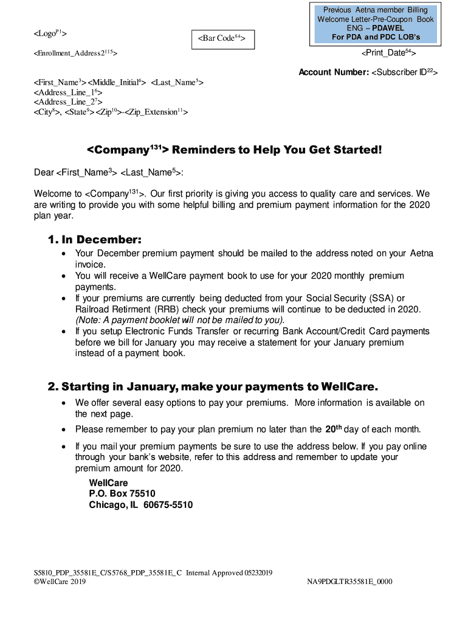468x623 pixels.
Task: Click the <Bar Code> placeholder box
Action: click(222, 38)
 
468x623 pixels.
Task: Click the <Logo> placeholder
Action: click(50, 32)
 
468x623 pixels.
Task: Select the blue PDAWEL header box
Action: click(376, 24)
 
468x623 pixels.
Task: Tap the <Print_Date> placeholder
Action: click(388, 54)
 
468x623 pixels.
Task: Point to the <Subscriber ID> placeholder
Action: click(405, 72)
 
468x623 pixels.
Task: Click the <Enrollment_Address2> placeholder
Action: click(75, 54)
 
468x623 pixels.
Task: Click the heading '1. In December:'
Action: click(95, 240)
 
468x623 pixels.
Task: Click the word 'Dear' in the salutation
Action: click(44, 173)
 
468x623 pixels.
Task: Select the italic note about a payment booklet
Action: click(180, 320)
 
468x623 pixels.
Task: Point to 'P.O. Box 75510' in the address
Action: click(122, 493)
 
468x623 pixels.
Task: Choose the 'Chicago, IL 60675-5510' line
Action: click(140, 505)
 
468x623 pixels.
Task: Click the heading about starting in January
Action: click(213, 386)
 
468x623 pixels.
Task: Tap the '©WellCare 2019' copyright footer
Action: click(60, 582)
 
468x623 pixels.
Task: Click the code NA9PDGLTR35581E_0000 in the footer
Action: click(349, 582)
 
